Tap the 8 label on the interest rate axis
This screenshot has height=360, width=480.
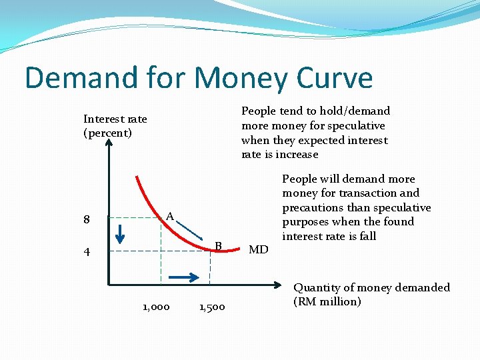tap(87, 219)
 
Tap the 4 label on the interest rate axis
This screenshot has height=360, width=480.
tap(87, 252)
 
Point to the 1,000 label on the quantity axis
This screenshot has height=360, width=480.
tap(156, 307)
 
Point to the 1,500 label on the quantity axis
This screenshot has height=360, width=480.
tap(212, 307)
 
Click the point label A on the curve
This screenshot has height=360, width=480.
tap(170, 216)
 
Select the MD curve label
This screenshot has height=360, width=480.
tap(258, 250)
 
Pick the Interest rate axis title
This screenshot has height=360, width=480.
tap(115, 119)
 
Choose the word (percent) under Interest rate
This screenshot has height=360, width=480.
tap(107, 133)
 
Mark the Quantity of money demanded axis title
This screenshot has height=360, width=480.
tap(372, 287)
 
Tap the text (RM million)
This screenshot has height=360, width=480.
tap(327, 301)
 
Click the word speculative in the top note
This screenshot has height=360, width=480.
tap(353, 125)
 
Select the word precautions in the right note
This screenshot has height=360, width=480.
tap(313, 207)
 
